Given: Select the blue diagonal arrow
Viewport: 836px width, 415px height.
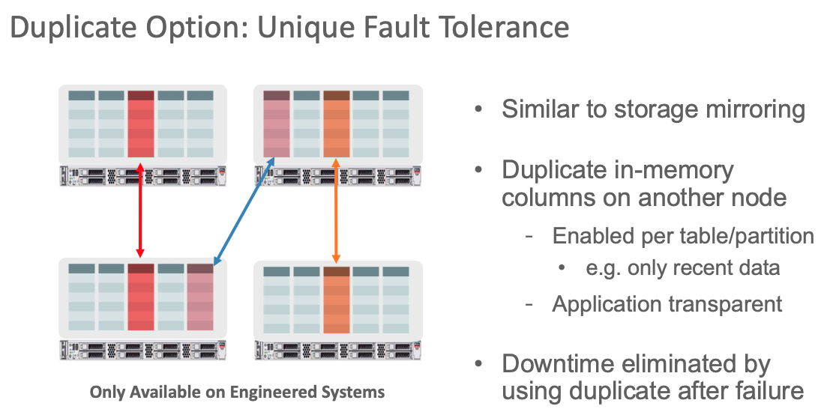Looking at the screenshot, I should [244, 211].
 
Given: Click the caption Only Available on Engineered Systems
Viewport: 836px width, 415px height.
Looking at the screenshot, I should [237, 392].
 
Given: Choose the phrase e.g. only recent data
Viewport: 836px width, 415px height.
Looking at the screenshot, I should [683, 267].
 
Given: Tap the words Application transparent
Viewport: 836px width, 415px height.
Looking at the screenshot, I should [667, 303].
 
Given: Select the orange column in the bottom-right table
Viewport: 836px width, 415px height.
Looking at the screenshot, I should [337, 300].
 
